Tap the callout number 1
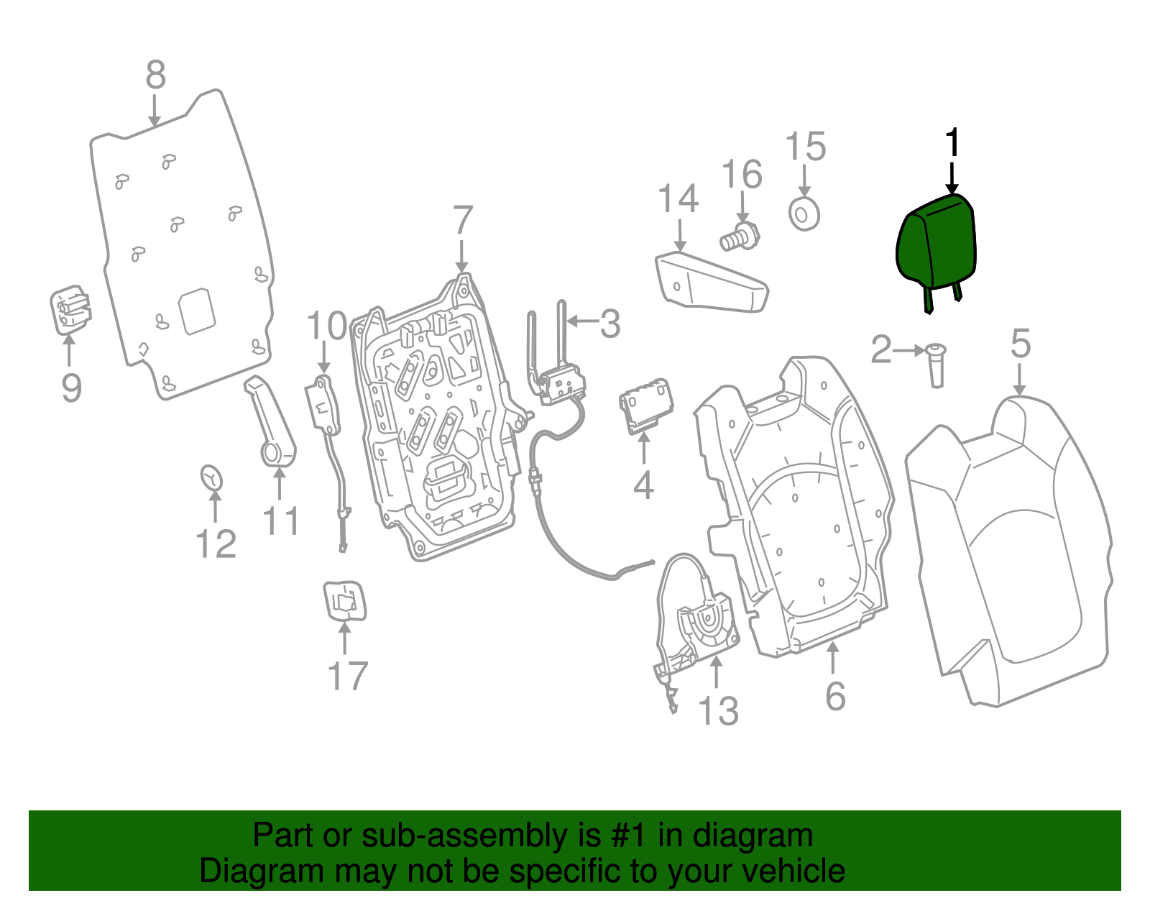[952, 143]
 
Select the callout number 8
[155, 75]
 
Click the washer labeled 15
[804, 214]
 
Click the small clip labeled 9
[70, 310]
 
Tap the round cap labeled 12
[211, 478]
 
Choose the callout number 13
[718, 711]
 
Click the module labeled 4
[646, 407]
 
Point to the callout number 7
[463, 220]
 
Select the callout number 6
[835, 696]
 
